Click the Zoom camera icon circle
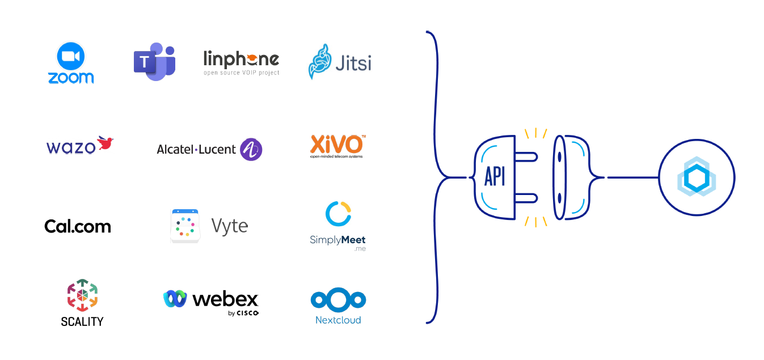click(71, 56)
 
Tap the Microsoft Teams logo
click(154, 61)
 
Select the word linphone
click(241, 59)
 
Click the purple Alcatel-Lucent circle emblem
click(251, 150)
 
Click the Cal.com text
click(78, 227)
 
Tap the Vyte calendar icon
click(185, 226)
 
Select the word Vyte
click(229, 226)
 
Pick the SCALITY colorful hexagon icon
click(82, 295)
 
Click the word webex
click(225, 299)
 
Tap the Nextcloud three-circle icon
click(338, 300)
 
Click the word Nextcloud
click(338, 320)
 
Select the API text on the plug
click(495, 177)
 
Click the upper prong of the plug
click(526, 157)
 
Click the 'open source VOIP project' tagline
click(241, 73)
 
